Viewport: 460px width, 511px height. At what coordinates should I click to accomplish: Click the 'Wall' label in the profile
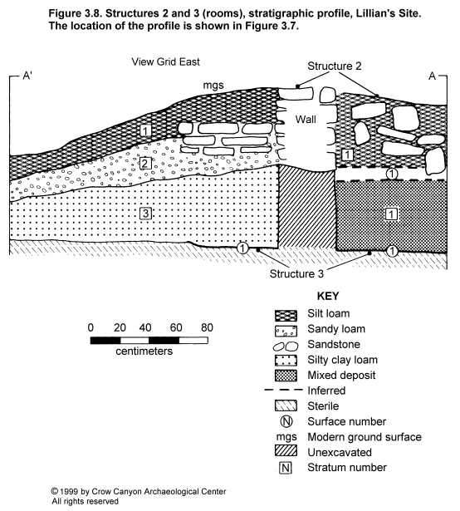point(306,120)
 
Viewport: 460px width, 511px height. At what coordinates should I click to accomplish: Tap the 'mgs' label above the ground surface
point(213,86)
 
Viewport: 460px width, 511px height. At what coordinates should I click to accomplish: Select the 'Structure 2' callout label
point(335,66)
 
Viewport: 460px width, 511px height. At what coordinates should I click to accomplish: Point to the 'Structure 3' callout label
point(296,273)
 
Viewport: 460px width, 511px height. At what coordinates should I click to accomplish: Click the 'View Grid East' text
point(165,61)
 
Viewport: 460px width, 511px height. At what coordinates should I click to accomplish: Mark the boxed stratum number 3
point(145,214)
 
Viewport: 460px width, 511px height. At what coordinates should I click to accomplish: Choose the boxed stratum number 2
point(145,163)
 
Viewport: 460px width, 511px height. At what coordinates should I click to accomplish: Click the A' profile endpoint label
point(27,76)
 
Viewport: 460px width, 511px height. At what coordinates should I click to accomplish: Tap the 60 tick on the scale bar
point(176,327)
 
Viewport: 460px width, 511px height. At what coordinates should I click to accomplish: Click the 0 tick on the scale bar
point(91,327)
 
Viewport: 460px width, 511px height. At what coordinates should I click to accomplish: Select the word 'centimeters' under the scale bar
point(144,351)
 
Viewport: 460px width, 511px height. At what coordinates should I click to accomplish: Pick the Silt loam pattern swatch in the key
point(286,316)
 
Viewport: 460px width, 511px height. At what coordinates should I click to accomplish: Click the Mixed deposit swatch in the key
point(286,376)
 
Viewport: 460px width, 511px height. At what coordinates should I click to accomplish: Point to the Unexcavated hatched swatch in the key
point(286,451)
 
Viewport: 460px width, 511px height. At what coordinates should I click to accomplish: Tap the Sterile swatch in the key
point(286,405)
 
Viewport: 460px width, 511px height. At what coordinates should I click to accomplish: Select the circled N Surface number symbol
point(286,421)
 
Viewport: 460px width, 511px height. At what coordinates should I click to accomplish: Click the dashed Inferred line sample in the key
point(283,390)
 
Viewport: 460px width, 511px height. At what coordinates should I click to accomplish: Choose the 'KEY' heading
point(328,297)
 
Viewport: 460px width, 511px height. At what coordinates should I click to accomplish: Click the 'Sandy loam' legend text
point(336,329)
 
